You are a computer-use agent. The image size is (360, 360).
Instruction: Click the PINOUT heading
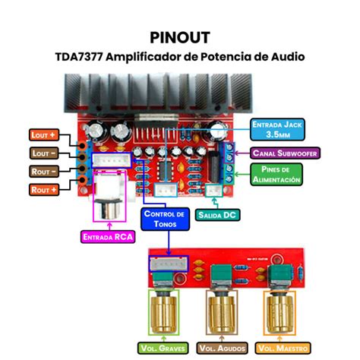pyautogui.click(x=180, y=36)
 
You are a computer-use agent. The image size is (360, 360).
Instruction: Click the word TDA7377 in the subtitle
pyautogui.click(x=81, y=56)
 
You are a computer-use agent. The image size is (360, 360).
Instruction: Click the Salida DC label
pyautogui.click(x=217, y=215)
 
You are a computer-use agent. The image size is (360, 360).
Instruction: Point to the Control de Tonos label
pyautogui.click(x=163, y=219)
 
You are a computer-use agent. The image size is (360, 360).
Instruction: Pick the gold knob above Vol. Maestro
pyautogui.click(x=280, y=311)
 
